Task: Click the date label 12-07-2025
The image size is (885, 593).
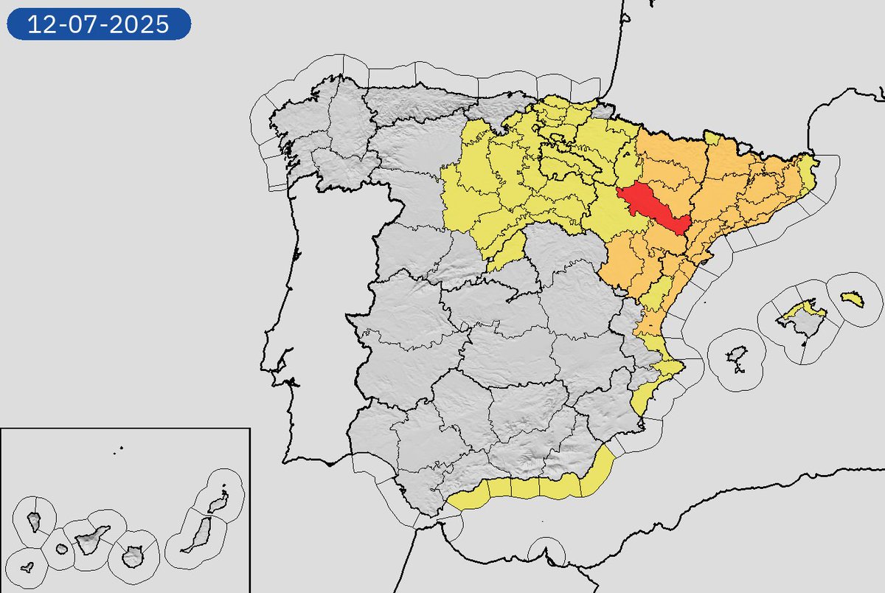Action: point(99,24)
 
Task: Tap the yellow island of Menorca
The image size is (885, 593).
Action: point(853,299)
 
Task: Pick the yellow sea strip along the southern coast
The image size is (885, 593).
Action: point(538,487)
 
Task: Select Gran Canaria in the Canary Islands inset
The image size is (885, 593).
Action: point(133,555)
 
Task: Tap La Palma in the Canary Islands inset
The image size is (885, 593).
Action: point(34,522)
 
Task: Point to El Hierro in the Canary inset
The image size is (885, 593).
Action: point(27,568)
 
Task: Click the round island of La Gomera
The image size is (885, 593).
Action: point(62,549)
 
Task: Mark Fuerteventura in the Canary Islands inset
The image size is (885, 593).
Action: point(198,535)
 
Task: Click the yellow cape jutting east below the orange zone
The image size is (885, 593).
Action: point(670,367)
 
